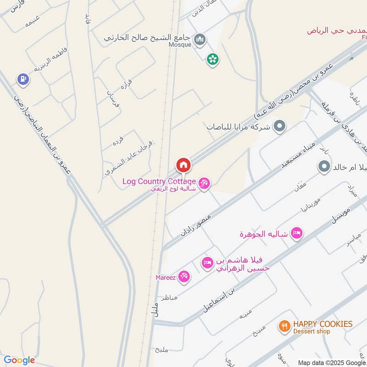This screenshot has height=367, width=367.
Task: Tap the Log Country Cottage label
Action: click(159, 181)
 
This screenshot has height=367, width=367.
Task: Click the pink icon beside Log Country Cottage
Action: click(204, 183)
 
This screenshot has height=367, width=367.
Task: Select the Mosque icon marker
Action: click(199, 40)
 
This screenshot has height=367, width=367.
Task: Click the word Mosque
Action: click(180, 44)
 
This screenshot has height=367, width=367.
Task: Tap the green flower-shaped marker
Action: click(212, 59)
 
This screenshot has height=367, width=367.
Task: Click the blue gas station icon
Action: click(22, 80)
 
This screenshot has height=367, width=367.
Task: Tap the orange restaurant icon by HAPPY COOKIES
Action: click(284, 327)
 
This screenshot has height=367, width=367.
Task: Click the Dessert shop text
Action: click(312, 331)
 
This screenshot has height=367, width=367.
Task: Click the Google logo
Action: click(19, 360)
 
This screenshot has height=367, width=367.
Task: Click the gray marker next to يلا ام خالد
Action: click(324, 166)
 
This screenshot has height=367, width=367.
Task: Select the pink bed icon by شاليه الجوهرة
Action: click(297, 234)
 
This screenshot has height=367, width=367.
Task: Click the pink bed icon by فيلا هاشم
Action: click(207, 263)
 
